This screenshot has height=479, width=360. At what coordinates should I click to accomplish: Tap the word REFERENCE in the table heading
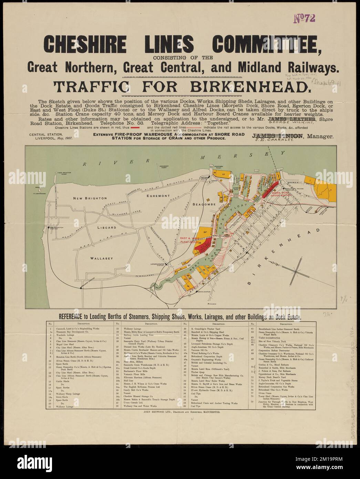tap(71, 316)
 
